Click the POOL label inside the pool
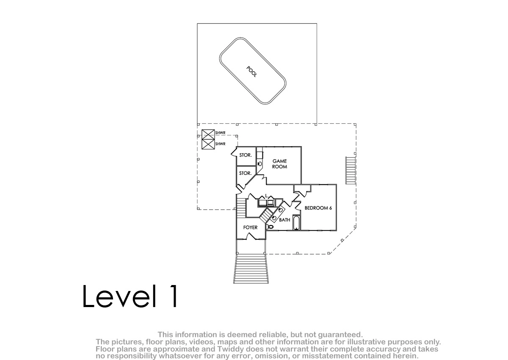click(252, 72)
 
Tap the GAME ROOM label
click(280, 164)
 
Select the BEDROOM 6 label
click(318, 208)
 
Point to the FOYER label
click(250, 227)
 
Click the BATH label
click(284, 220)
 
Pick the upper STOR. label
click(246, 155)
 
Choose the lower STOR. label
click(246, 173)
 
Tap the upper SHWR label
click(220, 133)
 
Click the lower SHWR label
click(220, 144)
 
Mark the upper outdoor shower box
click(208, 134)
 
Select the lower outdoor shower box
click(208, 144)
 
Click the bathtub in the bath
click(296, 222)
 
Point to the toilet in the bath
click(270, 227)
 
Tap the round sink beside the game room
click(260, 164)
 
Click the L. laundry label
click(267, 196)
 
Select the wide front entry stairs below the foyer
click(251, 269)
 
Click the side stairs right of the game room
click(351, 170)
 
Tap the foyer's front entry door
click(251, 237)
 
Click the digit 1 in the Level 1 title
click(173, 296)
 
